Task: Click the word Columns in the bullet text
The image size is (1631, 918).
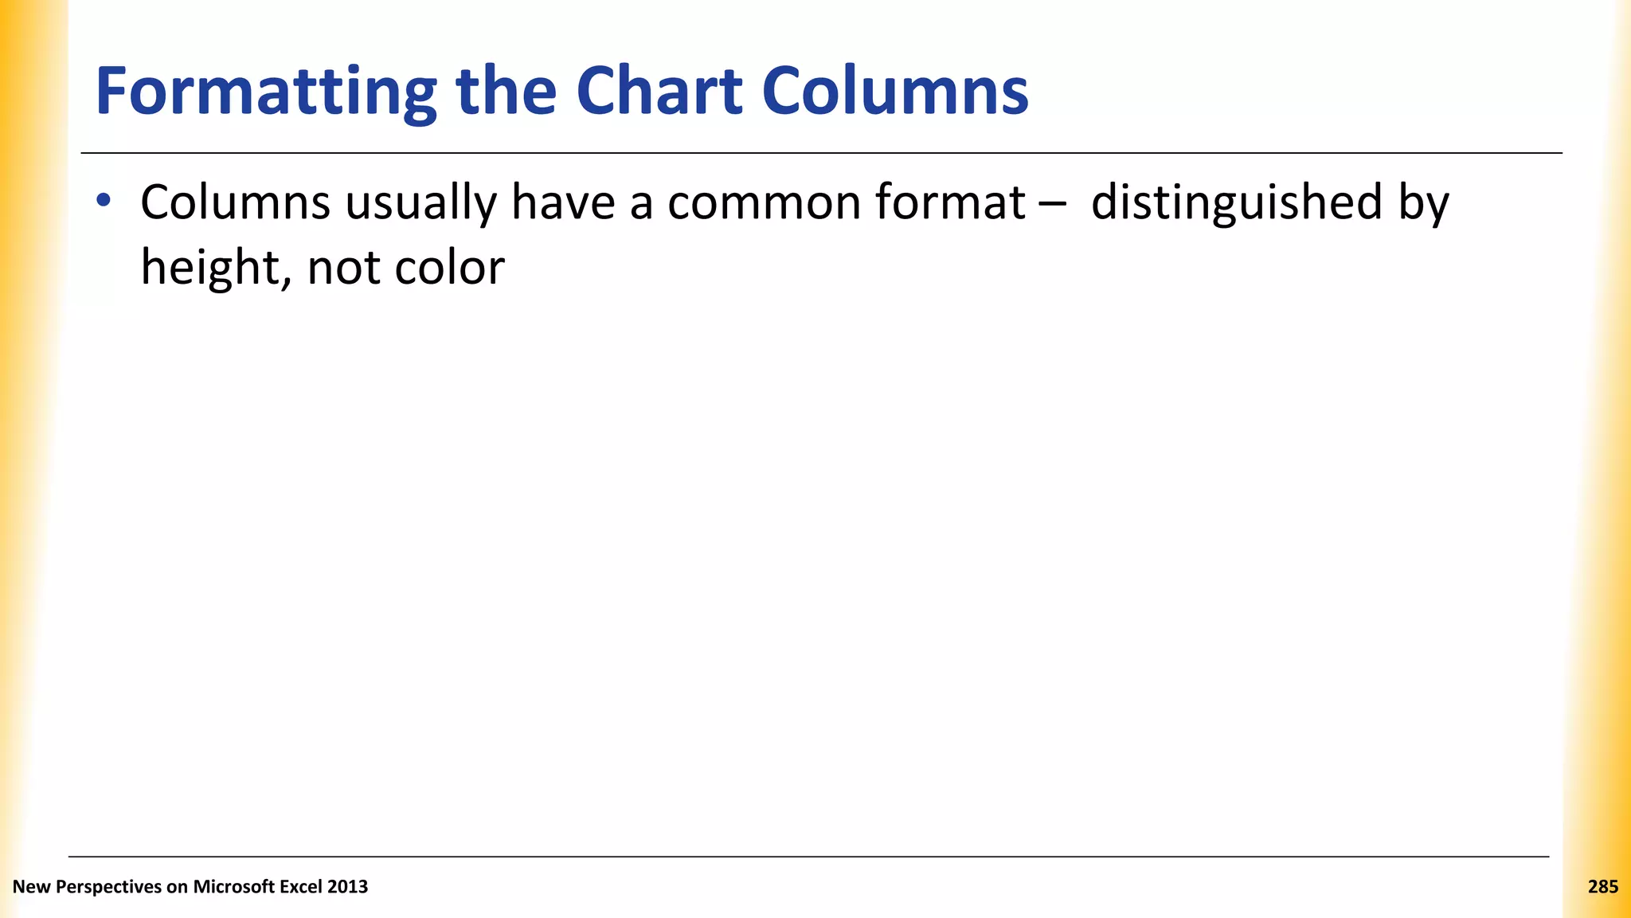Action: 235,202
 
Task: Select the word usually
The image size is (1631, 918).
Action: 420,204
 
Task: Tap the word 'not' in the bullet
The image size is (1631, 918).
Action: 343,268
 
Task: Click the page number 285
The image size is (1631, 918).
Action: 1602,887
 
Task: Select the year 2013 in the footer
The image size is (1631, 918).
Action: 347,887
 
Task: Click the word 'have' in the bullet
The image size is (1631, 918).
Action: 563,202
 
